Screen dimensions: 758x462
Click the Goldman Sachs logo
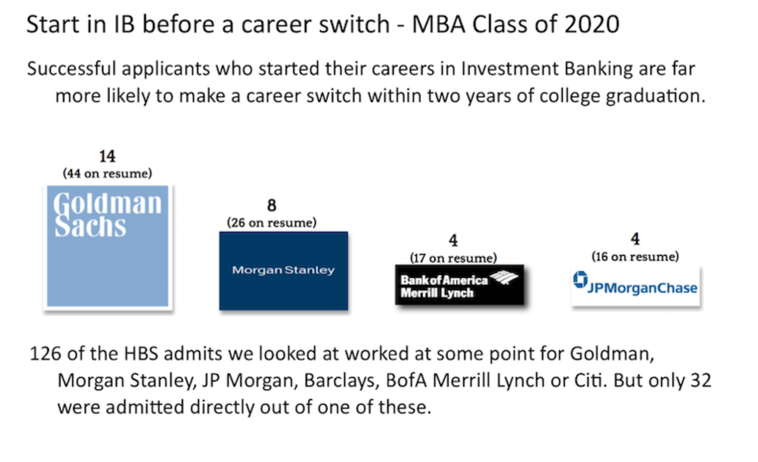coord(108,246)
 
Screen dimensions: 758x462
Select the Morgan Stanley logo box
coord(284,271)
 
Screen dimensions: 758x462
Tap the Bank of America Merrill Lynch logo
coord(460,285)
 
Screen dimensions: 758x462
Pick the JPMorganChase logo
coord(636,286)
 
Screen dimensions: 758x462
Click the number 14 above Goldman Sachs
coord(107,156)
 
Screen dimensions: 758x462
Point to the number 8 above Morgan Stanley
coord(272,205)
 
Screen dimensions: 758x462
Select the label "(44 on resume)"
coord(108,174)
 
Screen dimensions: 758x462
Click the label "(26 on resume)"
coord(272,223)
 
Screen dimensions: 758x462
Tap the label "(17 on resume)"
coord(453,258)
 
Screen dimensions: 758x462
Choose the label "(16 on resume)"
coord(635,257)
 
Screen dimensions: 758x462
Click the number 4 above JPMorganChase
coord(635,239)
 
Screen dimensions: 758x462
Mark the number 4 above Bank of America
coord(453,241)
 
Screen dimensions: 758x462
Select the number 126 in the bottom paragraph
coord(45,353)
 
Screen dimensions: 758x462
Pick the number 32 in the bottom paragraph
coord(701,380)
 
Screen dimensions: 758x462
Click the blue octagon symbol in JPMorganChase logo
coord(581,279)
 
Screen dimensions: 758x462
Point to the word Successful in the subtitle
coord(72,68)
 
